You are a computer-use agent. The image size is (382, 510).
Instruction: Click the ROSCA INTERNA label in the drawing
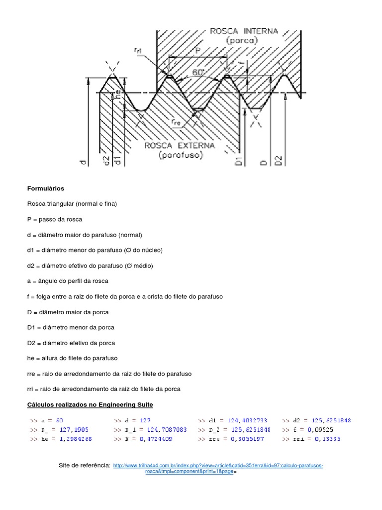[244, 31]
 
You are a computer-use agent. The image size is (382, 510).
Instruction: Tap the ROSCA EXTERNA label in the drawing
[180, 145]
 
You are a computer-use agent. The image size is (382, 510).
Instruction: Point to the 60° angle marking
[198, 72]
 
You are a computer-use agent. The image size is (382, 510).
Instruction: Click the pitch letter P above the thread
[197, 50]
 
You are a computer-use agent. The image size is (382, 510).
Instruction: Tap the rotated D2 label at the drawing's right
[279, 160]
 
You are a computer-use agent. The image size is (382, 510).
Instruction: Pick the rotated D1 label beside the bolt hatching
[238, 161]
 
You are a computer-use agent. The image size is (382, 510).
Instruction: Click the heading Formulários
[45, 189]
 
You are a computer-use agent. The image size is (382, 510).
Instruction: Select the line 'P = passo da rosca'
[55, 220]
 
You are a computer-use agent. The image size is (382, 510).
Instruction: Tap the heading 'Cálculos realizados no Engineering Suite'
[94, 404]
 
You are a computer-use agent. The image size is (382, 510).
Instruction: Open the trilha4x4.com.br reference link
[218, 466]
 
